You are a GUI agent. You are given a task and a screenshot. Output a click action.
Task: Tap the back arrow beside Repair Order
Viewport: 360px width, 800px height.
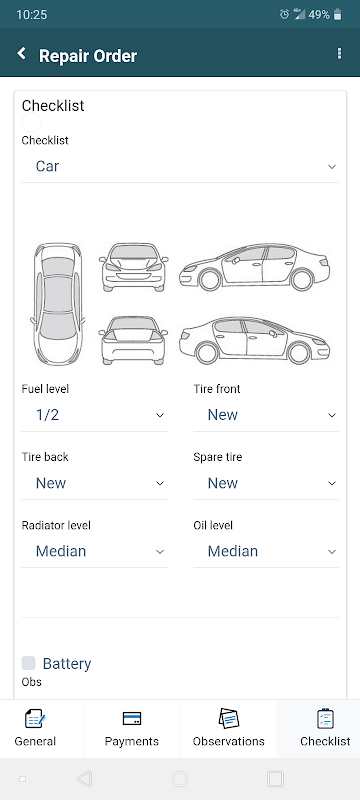click(x=21, y=54)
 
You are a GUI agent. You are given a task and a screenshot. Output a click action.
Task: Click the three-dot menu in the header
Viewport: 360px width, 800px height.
click(x=340, y=54)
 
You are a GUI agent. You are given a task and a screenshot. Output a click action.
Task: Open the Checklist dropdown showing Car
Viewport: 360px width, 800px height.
click(x=180, y=166)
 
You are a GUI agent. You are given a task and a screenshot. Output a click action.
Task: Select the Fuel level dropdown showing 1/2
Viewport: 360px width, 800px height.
click(x=94, y=415)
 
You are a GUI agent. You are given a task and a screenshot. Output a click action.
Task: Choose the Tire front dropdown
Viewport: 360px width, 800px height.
click(x=266, y=415)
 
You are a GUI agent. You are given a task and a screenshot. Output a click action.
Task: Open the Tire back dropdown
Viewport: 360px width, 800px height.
click(x=94, y=483)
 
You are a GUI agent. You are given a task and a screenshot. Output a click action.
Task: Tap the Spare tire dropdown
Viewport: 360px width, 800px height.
click(x=266, y=483)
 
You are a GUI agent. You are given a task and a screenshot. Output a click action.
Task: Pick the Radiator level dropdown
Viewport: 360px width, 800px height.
click(x=94, y=551)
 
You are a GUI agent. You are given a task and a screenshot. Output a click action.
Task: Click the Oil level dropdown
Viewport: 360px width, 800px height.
click(x=266, y=551)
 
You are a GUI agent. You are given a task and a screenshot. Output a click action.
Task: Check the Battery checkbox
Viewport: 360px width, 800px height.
click(x=29, y=663)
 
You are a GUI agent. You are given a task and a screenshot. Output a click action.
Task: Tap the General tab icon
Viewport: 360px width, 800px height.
click(x=35, y=719)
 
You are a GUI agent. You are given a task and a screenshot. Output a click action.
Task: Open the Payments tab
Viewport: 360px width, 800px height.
click(x=132, y=728)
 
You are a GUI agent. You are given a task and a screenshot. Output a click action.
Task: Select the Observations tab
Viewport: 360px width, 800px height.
click(x=228, y=728)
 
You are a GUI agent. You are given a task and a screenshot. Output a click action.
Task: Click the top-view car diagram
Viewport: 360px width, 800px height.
click(x=58, y=302)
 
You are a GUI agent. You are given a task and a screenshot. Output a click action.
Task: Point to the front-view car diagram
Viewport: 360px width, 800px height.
click(x=134, y=267)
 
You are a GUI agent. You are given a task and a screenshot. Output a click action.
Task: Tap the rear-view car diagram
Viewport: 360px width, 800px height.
click(x=134, y=340)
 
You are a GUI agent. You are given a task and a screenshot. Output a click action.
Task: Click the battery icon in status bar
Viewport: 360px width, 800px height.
click(x=338, y=15)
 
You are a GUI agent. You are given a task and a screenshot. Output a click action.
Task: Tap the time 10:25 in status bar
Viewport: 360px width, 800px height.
click(x=31, y=15)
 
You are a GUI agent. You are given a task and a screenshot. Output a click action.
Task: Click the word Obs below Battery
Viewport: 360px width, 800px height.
click(x=31, y=682)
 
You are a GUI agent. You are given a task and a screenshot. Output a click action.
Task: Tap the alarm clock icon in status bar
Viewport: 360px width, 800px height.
click(x=284, y=15)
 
